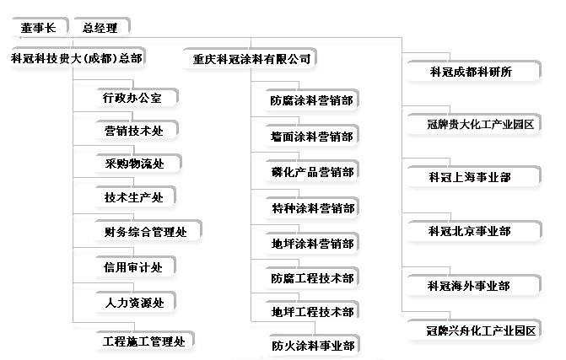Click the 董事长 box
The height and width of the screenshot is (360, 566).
click(38, 28)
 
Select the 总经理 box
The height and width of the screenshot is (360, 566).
click(100, 28)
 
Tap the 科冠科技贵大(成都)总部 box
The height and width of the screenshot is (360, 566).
click(76, 58)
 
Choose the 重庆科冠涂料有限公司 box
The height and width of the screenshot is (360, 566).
click(252, 59)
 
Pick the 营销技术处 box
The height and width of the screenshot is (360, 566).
click(133, 131)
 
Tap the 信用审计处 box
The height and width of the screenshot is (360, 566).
click(133, 266)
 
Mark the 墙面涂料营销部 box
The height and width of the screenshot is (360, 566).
click(312, 137)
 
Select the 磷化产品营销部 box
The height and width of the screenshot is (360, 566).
click(312, 172)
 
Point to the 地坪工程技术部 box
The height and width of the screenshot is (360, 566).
click(312, 312)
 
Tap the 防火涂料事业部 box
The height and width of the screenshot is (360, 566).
click(312, 345)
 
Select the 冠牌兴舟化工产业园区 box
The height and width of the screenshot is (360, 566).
click(480, 330)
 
